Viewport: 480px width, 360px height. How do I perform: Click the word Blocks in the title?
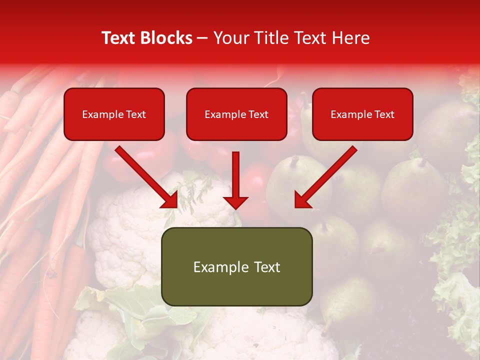[167, 38]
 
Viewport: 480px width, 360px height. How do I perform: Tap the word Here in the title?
[350, 38]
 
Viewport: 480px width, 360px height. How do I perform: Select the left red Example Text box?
[114, 114]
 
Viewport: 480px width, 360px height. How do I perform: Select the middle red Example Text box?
[236, 114]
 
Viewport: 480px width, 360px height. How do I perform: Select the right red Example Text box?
[362, 114]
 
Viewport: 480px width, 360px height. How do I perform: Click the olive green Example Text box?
[236, 266]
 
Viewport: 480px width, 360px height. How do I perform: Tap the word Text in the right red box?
[384, 114]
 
